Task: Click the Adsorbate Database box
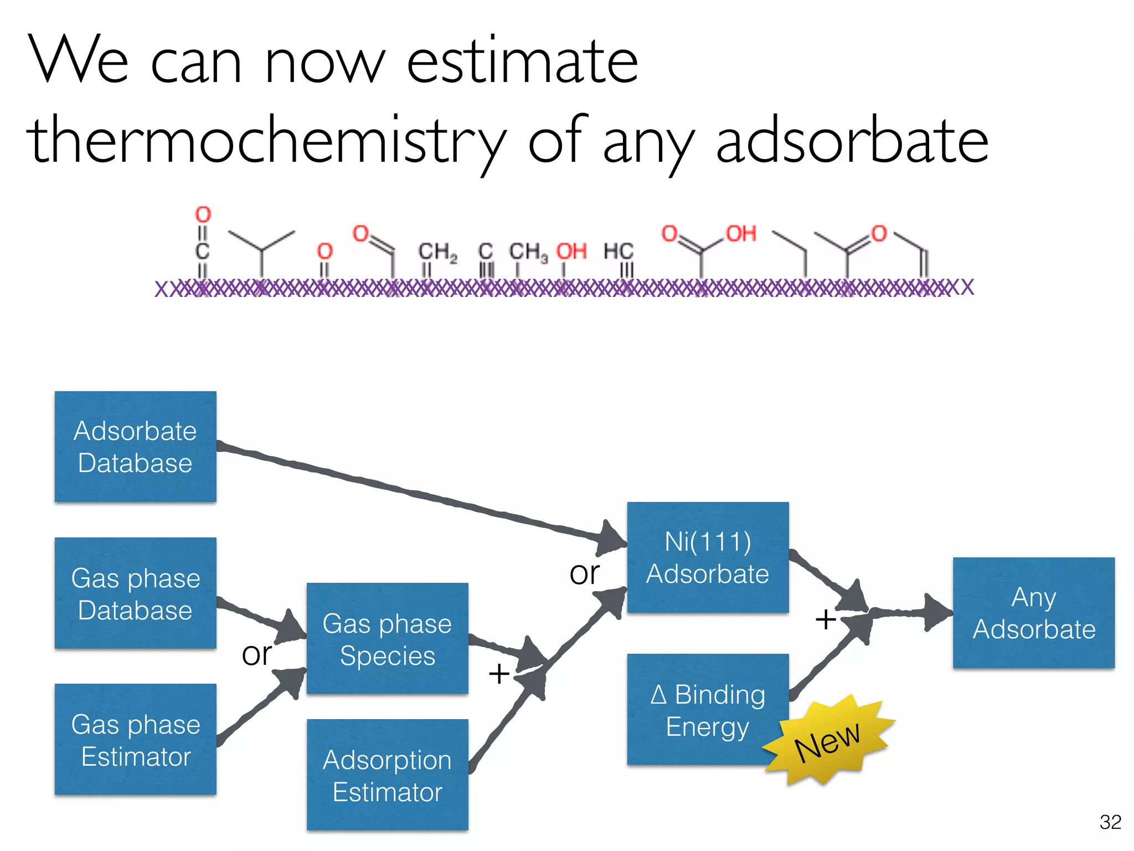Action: [135, 447]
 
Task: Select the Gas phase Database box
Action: [135, 593]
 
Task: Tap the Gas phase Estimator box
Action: [135, 739]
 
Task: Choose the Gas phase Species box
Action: [387, 638]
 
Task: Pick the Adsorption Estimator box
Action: [387, 775]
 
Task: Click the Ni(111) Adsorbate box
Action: [708, 557]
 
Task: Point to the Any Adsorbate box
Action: [1033, 612]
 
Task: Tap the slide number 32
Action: [1110, 822]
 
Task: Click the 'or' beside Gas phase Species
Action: [256, 654]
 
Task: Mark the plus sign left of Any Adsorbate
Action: [825, 619]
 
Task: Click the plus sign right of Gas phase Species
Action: [499, 674]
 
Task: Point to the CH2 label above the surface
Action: [437, 252]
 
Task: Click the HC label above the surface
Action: [618, 251]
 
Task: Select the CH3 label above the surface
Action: [528, 252]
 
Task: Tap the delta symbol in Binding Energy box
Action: [658, 694]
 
